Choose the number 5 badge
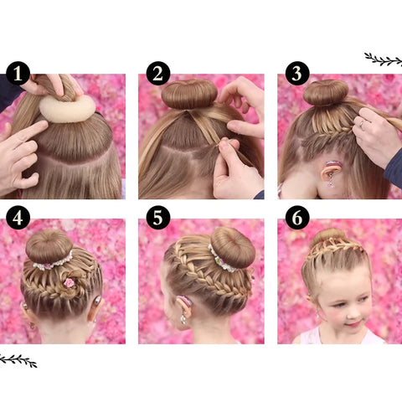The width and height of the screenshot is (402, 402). click(x=157, y=217)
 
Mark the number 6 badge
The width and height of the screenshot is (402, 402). click(x=296, y=217)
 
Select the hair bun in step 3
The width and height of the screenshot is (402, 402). click(x=325, y=91)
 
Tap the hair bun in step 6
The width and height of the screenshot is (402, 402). click(x=327, y=235)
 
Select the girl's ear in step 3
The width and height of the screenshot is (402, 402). click(x=334, y=171)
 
